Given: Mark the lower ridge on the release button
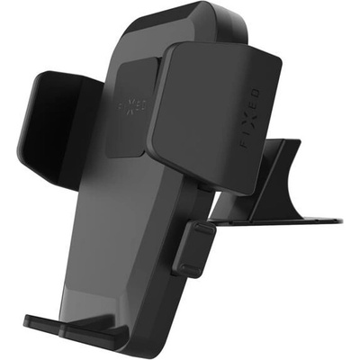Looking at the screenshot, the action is point(191,269).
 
